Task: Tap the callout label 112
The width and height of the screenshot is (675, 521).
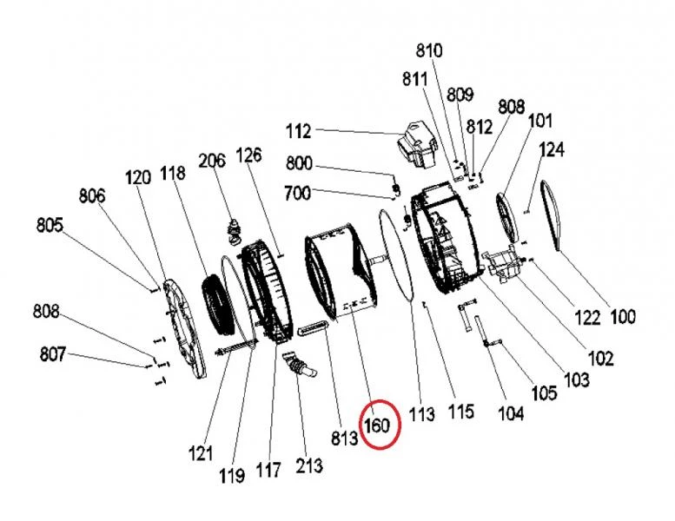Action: pyautogui.click(x=298, y=132)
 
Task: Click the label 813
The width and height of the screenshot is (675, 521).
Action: pyautogui.click(x=344, y=439)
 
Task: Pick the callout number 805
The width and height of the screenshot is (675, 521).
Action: pyautogui.click(x=50, y=226)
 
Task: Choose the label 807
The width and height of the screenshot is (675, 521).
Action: pyautogui.click(x=54, y=354)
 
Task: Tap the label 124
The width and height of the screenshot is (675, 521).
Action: pyautogui.click(x=551, y=150)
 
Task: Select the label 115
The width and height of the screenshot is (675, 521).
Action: pyautogui.click(x=460, y=410)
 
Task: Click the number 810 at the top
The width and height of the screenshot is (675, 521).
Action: pyautogui.click(x=429, y=50)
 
